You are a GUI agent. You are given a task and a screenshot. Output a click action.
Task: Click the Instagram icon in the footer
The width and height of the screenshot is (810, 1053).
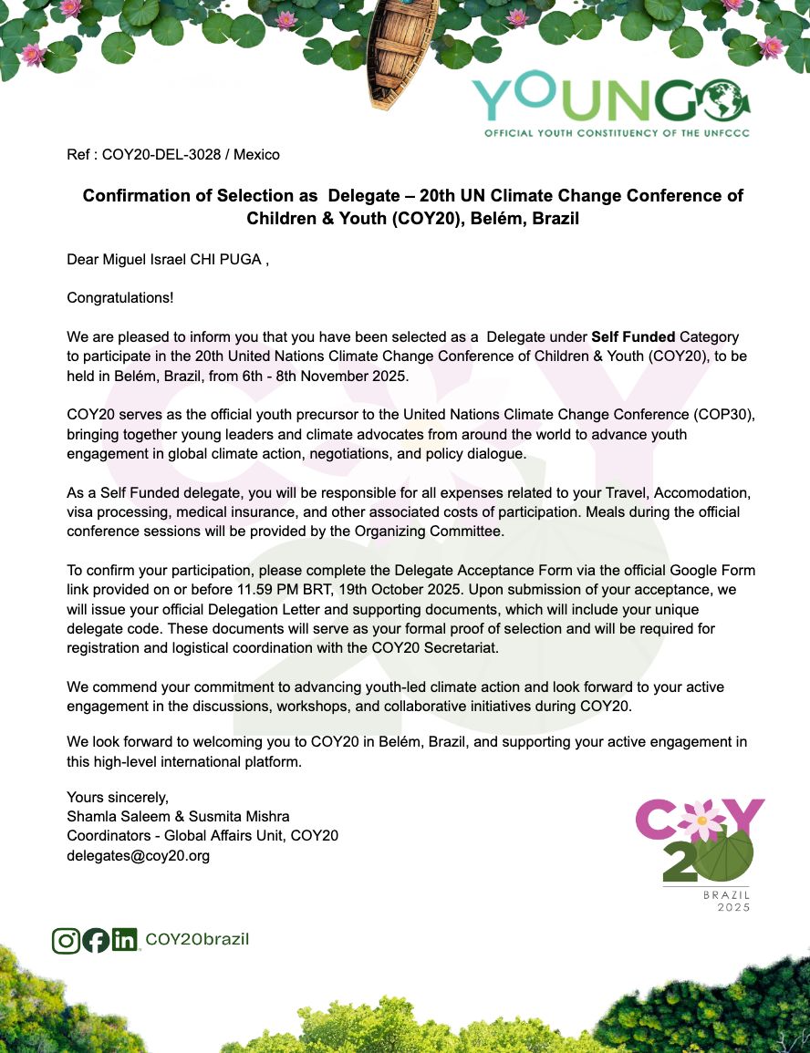point(66,940)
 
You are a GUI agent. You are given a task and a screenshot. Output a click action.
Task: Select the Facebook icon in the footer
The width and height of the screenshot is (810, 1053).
point(95,940)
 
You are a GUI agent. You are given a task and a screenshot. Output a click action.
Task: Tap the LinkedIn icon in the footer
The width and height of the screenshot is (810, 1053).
point(124,940)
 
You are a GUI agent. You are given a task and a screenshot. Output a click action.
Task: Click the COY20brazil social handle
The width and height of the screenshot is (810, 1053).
point(197,940)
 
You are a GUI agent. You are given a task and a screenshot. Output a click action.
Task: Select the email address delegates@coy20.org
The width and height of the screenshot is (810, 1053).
point(139,856)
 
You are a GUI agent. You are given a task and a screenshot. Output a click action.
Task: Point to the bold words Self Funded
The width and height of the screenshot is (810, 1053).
point(633,337)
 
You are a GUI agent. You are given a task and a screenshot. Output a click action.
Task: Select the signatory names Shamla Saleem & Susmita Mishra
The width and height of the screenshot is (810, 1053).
point(178,816)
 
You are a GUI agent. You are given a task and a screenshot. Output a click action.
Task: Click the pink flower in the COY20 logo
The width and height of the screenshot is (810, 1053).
point(703,820)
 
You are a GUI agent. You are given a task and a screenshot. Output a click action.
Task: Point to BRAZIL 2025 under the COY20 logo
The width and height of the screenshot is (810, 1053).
point(727,901)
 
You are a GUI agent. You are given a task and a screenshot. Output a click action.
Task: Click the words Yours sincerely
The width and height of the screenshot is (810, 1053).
point(118,797)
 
